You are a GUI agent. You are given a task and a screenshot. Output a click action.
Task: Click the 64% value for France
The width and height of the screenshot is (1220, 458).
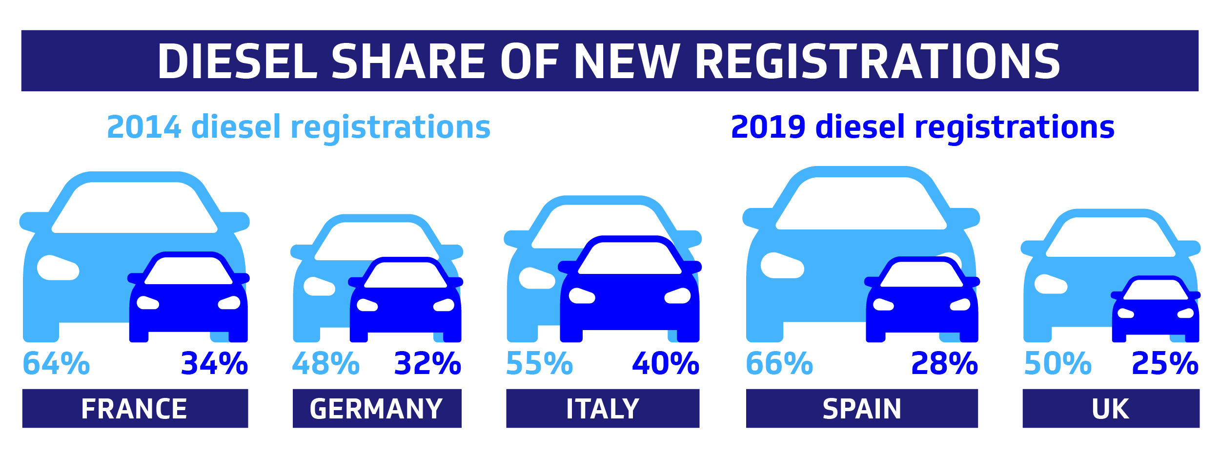click(56, 363)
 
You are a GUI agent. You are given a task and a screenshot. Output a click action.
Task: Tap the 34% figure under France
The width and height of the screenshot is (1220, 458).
click(214, 363)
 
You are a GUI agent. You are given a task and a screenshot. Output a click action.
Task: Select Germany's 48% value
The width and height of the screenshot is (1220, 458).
click(326, 363)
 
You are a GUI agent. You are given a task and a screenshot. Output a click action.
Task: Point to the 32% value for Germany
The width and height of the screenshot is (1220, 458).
click(427, 363)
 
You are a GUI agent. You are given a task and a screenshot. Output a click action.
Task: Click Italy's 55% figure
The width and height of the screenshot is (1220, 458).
click(539, 363)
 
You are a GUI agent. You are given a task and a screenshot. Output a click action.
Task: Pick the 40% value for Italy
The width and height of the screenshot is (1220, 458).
click(666, 363)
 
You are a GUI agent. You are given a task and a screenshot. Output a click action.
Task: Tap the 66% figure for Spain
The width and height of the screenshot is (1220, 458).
click(779, 363)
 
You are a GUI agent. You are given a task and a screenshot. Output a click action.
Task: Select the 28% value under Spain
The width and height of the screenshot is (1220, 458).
click(945, 363)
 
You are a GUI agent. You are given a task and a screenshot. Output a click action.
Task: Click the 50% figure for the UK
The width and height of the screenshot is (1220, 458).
click(1058, 363)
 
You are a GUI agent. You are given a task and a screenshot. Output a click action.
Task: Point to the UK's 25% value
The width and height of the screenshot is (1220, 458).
click(1165, 363)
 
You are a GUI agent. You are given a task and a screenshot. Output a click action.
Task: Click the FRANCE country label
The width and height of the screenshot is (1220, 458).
click(134, 409)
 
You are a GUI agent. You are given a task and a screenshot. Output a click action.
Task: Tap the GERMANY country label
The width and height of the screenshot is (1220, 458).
click(376, 409)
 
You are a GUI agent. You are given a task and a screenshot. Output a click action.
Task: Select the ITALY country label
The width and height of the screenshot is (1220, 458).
click(603, 409)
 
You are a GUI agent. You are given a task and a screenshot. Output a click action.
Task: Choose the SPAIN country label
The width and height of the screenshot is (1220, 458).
click(862, 409)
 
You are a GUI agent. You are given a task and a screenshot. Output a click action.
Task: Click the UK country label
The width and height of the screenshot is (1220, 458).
click(1111, 409)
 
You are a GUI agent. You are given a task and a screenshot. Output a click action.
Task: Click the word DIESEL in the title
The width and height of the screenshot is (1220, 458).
click(238, 61)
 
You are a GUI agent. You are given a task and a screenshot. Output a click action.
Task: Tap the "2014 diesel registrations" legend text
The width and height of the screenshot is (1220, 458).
click(299, 127)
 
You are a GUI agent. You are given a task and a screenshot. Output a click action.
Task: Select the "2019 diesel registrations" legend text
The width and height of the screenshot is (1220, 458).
click(923, 127)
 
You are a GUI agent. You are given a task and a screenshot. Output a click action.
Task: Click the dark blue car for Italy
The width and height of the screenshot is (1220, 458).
click(630, 289)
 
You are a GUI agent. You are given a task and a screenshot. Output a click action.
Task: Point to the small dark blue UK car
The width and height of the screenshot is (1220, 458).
click(1156, 309)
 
